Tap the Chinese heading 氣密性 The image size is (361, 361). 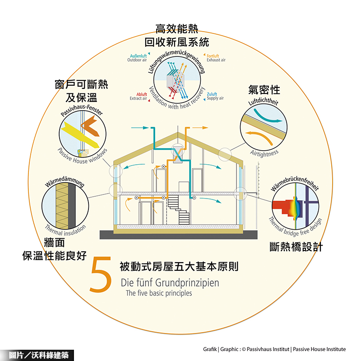pyautogui.click(x=264, y=89)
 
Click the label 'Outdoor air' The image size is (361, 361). pyautogui.click(x=137, y=60)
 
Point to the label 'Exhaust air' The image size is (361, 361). pyautogui.click(x=216, y=60)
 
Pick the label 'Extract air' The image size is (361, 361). pyautogui.click(x=138, y=98)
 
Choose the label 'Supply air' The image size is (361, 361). pyautogui.click(x=215, y=98)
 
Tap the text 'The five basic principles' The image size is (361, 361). pyautogui.click(x=158, y=293)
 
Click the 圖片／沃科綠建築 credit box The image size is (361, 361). pyautogui.click(x=35, y=355)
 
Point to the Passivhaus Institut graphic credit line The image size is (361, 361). pyautogui.click(x=274, y=349)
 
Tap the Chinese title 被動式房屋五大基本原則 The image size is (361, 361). pyautogui.click(x=179, y=266)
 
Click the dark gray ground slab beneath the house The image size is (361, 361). pyautogui.click(x=176, y=235)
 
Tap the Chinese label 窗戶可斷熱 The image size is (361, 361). pyautogui.click(x=81, y=84)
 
